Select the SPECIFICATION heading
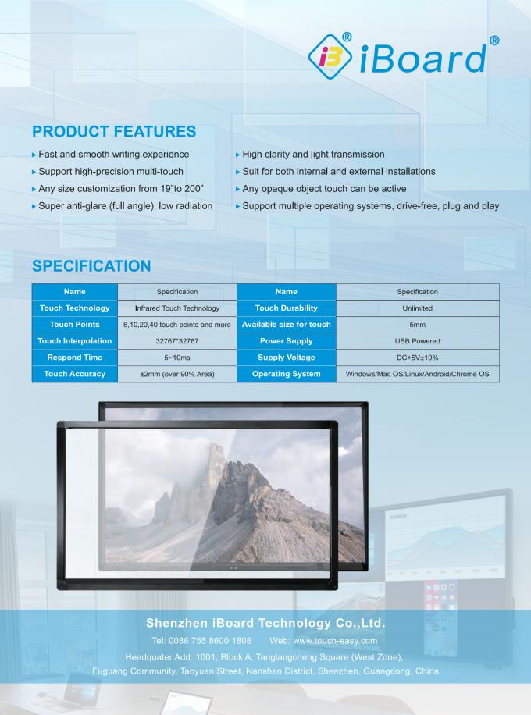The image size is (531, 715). (91, 266)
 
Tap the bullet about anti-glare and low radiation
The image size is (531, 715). (123, 205)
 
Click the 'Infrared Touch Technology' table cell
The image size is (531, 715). (177, 308)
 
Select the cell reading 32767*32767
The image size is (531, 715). (177, 341)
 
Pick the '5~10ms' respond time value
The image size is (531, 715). (177, 357)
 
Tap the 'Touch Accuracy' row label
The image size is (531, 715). (75, 374)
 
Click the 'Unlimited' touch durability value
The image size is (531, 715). (417, 308)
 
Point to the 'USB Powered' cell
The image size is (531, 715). (417, 341)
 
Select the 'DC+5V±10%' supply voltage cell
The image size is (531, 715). (417, 357)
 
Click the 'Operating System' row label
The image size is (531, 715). (287, 374)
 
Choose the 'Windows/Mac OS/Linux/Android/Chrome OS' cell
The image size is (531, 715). (417, 374)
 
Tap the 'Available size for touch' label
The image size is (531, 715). (287, 325)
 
